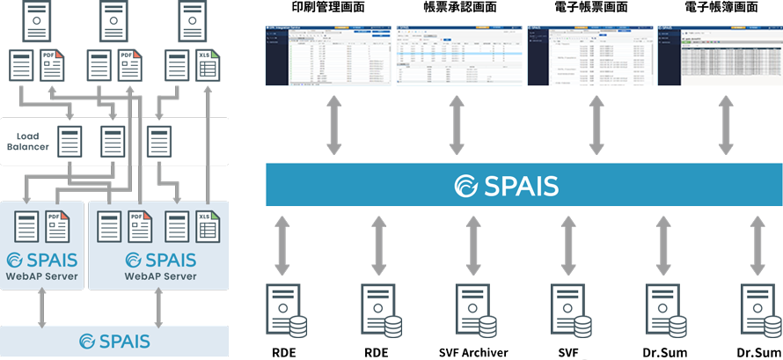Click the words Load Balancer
[28, 141]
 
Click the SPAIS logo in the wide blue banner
[506, 186]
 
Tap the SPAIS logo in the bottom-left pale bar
[114, 341]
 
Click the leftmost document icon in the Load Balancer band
[70, 142]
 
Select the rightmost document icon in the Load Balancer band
[158, 142]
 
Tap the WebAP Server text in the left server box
[42, 276]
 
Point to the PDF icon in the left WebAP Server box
[57, 227]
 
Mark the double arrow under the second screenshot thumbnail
[457, 125]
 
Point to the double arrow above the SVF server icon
[473, 244]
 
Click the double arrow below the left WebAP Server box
[41, 307]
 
